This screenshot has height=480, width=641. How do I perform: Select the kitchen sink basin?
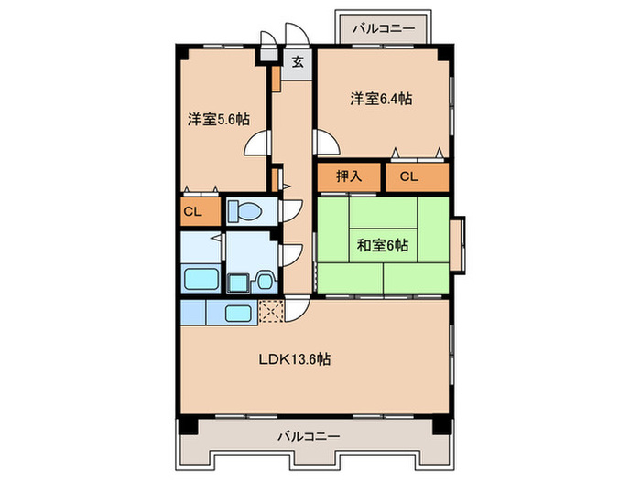point(238,313)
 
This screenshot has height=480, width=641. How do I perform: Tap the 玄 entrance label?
point(298,62)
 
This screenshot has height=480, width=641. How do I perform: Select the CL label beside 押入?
point(407,177)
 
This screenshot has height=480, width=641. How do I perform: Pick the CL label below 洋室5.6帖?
point(192,212)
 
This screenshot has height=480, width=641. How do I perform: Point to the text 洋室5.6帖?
point(220,119)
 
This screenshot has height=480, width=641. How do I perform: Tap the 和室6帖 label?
point(383,244)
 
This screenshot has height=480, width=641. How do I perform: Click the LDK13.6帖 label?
point(293,359)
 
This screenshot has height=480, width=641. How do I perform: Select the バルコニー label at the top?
point(385,28)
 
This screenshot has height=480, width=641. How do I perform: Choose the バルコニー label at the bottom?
point(310,436)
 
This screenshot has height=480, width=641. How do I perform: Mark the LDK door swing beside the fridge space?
point(298,311)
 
